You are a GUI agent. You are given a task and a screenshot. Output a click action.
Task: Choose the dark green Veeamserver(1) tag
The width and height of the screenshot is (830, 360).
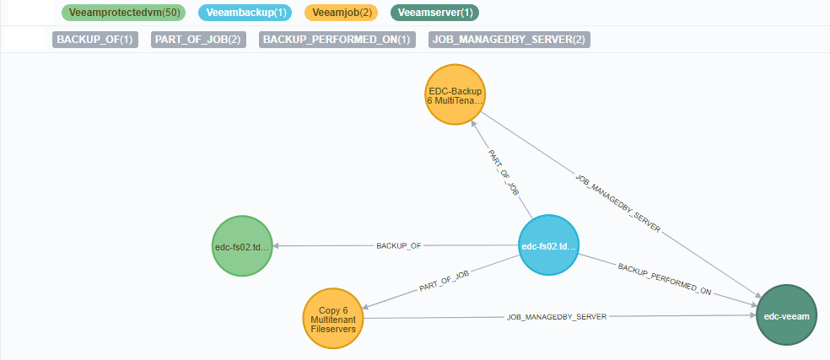point(435,13)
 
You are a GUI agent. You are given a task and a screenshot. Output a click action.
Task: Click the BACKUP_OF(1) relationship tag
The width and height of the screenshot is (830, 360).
point(94,40)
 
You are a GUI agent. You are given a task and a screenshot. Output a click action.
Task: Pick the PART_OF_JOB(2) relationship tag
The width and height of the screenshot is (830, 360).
point(199,40)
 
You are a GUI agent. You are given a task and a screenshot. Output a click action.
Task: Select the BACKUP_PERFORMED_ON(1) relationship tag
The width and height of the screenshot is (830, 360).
point(337,40)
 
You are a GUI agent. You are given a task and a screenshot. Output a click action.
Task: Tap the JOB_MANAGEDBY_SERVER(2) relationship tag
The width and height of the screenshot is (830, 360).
point(509,40)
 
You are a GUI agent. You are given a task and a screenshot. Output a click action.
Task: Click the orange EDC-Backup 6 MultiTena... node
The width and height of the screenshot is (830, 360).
point(455,94)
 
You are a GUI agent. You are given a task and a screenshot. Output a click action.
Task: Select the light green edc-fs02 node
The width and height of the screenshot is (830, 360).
point(242,246)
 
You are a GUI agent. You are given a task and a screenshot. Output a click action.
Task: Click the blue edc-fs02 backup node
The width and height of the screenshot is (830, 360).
point(548,246)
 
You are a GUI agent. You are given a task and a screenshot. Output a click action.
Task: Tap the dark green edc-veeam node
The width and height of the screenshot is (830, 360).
point(787,315)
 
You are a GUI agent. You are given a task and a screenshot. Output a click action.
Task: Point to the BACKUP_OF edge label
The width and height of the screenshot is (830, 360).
point(398,246)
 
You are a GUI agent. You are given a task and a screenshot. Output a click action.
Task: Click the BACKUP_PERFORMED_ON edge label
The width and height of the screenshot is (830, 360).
point(665,278)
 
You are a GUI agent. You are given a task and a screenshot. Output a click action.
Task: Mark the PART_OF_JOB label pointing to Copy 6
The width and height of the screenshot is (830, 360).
point(444,282)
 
